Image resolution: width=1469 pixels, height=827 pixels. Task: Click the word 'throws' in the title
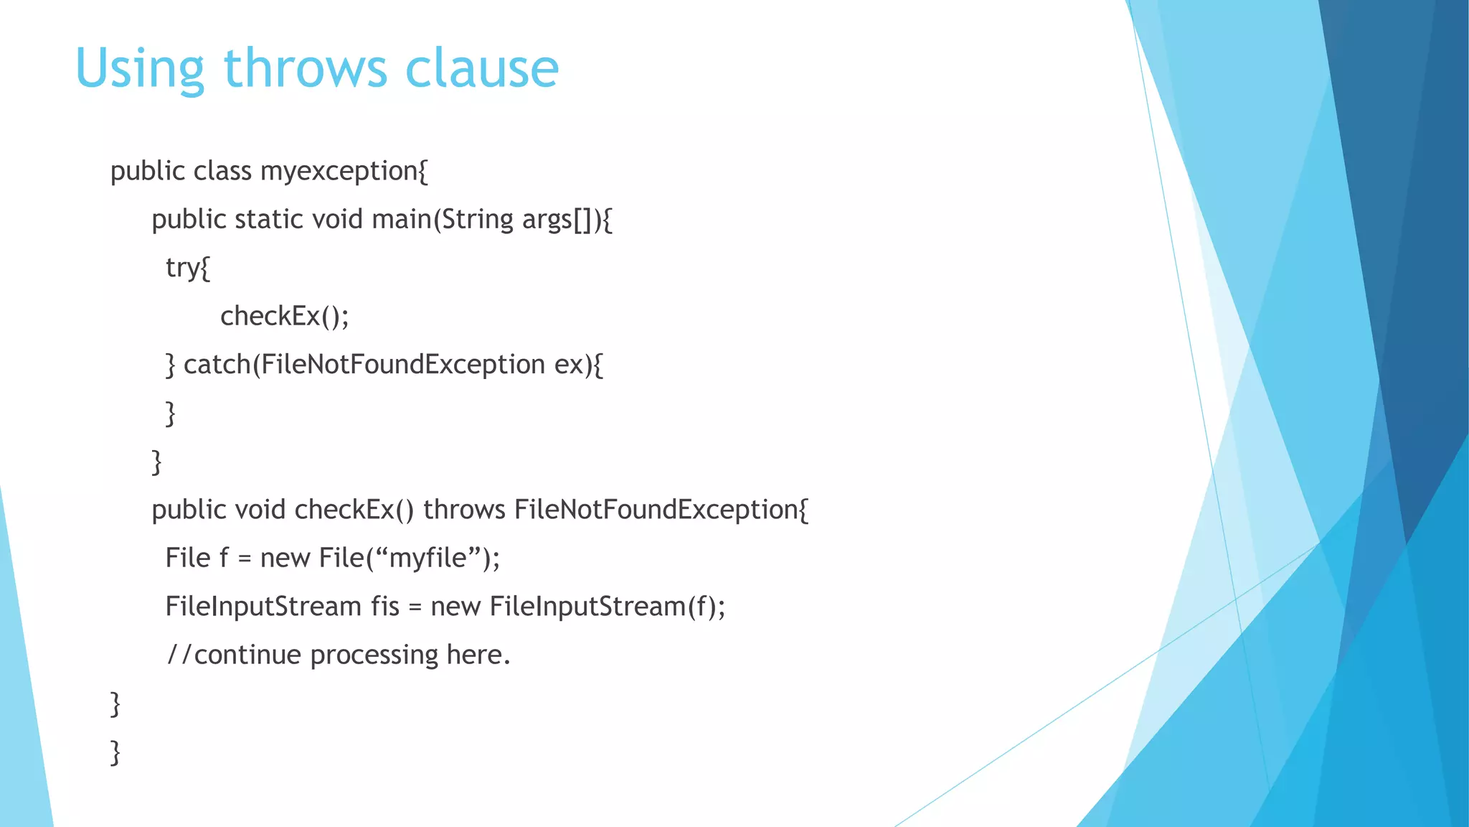click(x=305, y=68)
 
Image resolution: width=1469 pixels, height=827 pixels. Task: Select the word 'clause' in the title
click(x=481, y=68)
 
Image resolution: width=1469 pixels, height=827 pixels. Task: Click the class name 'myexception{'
click(x=344, y=172)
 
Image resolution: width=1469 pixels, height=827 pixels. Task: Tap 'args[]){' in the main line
click(x=567, y=220)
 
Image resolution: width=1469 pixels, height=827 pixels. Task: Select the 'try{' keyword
click(x=187, y=268)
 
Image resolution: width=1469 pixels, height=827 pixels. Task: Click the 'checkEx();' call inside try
click(x=284, y=316)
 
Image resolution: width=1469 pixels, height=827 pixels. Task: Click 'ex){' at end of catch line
click(x=579, y=365)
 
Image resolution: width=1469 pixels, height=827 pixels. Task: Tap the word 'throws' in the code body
click(x=464, y=510)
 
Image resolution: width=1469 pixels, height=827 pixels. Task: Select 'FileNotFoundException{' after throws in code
click(x=661, y=510)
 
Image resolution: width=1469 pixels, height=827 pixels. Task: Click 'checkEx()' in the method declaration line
click(x=354, y=510)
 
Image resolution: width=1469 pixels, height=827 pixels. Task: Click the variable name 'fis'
click(x=384, y=607)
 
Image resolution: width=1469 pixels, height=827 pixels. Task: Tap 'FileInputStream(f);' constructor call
click(x=608, y=607)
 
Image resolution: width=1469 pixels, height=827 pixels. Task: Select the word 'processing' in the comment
click(x=374, y=655)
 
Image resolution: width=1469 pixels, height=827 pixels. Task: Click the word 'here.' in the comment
click(x=478, y=655)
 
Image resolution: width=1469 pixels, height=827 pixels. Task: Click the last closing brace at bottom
click(x=115, y=752)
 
